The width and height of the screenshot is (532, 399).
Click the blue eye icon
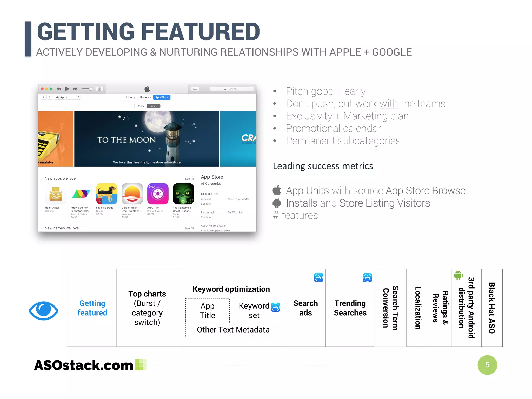[44, 311]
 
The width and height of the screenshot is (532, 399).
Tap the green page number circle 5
[487, 365]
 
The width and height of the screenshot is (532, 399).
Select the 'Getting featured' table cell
[92, 308]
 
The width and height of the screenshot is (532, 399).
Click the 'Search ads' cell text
[305, 308]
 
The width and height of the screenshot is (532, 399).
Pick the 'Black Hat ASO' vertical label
[492, 308]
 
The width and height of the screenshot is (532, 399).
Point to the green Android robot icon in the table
[458, 275]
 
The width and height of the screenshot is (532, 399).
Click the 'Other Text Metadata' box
[233, 330]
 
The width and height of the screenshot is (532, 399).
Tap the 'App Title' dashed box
[207, 310]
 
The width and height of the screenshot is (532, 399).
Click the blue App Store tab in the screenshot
[162, 97]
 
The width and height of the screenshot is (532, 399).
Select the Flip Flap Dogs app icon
[107, 194]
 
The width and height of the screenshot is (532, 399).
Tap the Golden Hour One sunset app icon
[132, 194]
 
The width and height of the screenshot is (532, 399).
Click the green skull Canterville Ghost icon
[183, 194]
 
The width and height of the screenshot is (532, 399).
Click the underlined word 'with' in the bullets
[389, 104]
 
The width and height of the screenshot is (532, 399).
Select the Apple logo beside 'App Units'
[277, 190]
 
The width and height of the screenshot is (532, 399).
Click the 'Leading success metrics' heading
[323, 166]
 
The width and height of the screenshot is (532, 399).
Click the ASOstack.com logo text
[84, 365]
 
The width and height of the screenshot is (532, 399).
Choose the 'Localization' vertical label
[418, 308]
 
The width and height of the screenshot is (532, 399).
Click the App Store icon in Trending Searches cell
[367, 278]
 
